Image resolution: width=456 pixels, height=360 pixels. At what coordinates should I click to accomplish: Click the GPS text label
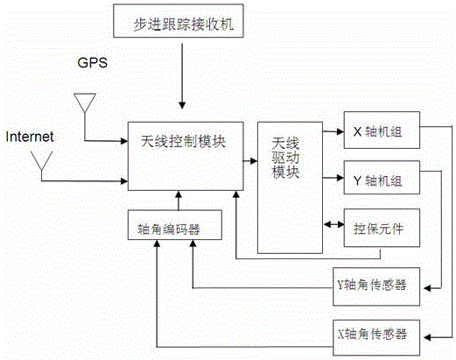pyautogui.click(x=93, y=62)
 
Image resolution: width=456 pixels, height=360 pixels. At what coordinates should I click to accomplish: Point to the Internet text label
pyautogui.click(x=30, y=137)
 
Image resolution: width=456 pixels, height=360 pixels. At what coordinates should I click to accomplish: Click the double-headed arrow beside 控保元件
pyautogui.click(x=334, y=224)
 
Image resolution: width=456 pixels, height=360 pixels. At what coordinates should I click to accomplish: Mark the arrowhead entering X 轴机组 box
pyautogui.click(x=340, y=131)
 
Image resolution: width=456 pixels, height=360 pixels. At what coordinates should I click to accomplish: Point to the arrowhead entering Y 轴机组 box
pyautogui.click(x=340, y=178)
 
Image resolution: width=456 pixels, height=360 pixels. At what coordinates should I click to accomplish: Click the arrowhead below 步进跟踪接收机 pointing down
pyautogui.click(x=182, y=105)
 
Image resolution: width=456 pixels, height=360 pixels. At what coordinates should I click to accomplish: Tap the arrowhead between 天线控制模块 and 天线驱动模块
pyautogui.click(x=254, y=161)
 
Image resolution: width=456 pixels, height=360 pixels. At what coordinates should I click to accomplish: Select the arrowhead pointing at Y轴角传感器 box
pyautogui.click(x=427, y=288)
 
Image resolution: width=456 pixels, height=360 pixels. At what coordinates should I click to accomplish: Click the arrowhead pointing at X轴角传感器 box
pyautogui.click(x=427, y=337)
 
